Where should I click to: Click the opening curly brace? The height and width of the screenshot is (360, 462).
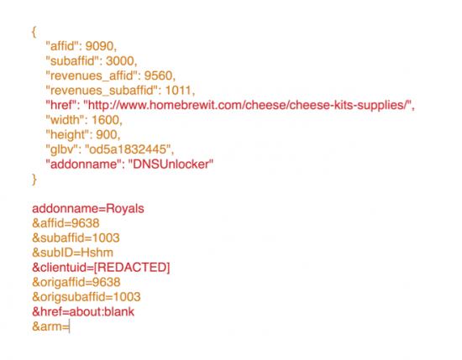tap(34, 30)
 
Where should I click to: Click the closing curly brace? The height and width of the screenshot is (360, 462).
tap(34, 179)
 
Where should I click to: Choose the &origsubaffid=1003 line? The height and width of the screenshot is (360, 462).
tap(86, 297)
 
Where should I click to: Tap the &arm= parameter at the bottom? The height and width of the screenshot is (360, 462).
tap(50, 327)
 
